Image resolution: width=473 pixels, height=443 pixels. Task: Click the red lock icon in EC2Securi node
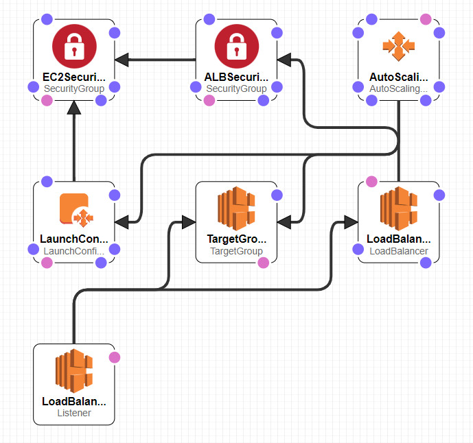pyautogui.click(x=74, y=46)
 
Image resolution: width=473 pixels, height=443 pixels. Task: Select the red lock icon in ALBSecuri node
pyautogui.click(x=236, y=46)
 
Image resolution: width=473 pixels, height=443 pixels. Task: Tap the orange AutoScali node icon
pyautogui.click(x=398, y=46)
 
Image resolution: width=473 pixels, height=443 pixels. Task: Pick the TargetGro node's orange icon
pyautogui.click(x=236, y=208)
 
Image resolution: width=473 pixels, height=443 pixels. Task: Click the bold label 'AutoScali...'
pyautogui.click(x=398, y=77)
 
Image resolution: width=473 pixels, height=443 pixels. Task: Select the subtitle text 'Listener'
pyautogui.click(x=74, y=413)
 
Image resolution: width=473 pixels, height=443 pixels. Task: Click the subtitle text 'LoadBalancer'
pyautogui.click(x=398, y=251)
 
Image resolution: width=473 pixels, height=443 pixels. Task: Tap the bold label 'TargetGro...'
pyautogui.click(x=236, y=239)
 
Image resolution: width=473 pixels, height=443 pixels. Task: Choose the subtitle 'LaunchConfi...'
pyautogui.click(x=74, y=251)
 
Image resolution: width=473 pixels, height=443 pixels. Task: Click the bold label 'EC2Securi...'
pyautogui.click(x=74, y=77)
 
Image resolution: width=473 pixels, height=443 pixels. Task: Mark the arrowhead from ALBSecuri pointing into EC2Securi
pyautogui.click(x=122, y=60)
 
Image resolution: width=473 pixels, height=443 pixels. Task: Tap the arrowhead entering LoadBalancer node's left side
pyautogui.click(x=350, y=222)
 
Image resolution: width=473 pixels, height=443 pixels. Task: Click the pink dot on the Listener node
pyautogui.click(x=115, y=357)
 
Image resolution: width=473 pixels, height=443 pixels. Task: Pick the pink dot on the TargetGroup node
pyautogui.click(x=263, y=263)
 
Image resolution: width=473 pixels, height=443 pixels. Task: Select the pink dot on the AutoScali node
pyautogui.click(x=426, y=19)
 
